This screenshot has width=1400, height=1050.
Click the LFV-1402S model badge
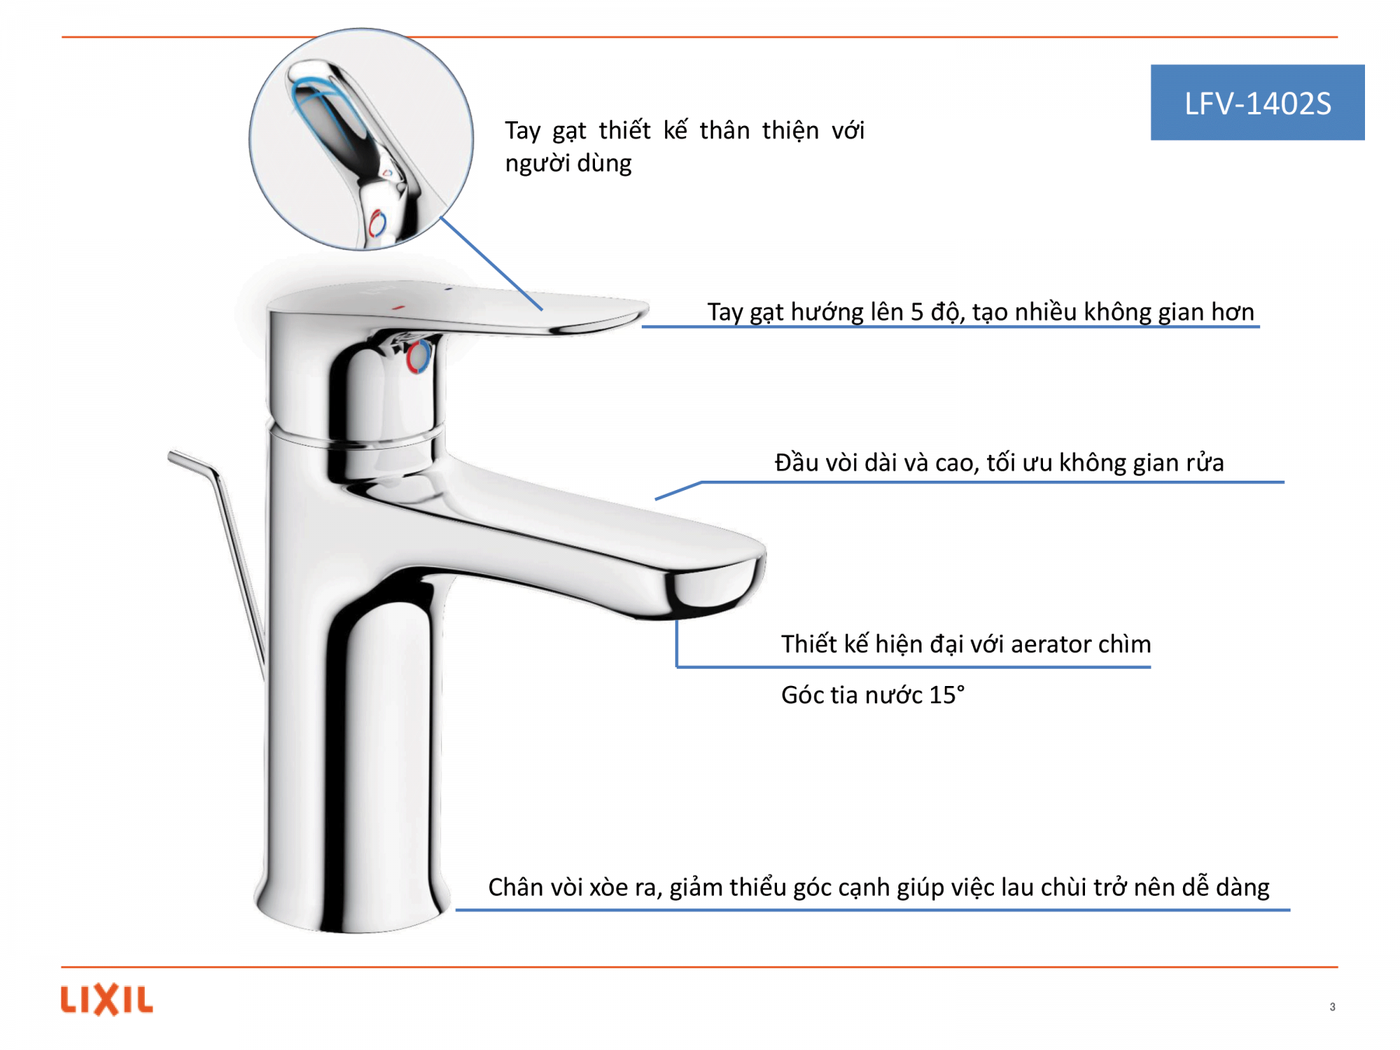tap(1257, 102)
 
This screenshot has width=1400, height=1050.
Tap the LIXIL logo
tap(107, 999)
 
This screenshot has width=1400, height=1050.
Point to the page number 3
tap(1332, 1006)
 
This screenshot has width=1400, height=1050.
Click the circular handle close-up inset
tap(361, 139)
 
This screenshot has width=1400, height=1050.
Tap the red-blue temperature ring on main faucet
tap(418, 356)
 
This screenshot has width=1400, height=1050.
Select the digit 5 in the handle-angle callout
tap(917, 312)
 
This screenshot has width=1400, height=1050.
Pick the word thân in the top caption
tap(725, 130)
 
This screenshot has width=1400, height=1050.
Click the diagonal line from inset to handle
tap(492, 264)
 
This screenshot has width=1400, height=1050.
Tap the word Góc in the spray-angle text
tap(802, 695)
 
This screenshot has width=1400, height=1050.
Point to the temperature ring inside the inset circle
tap(377, 223)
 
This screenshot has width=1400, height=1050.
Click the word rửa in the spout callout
tap(1206, 463)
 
